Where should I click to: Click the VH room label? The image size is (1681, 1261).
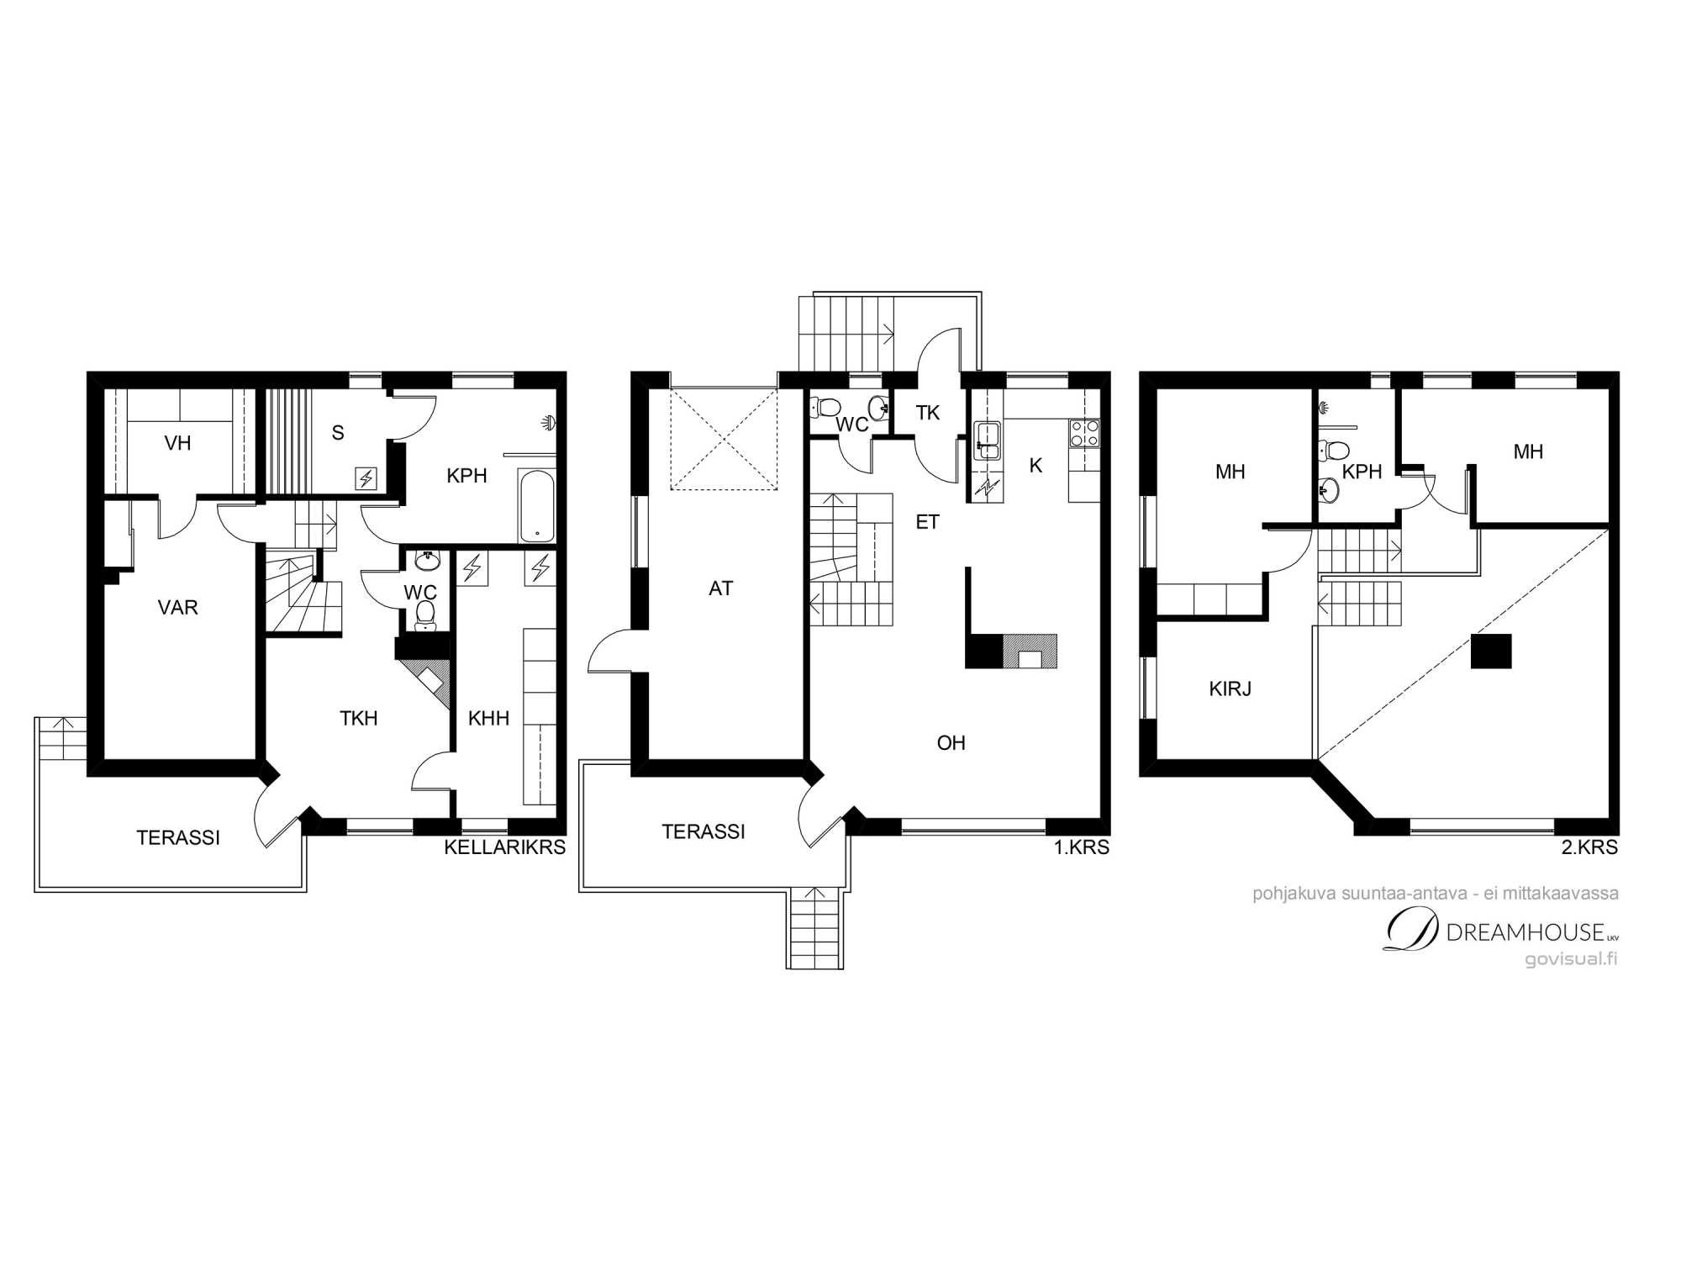[177, 443]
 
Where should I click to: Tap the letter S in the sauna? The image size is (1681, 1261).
[338, 433]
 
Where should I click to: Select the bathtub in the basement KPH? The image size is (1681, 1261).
[536, 505]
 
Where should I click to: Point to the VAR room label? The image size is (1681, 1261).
[177, 607]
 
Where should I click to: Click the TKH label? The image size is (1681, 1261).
[358, 718]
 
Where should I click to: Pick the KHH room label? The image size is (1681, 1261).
[488, 718]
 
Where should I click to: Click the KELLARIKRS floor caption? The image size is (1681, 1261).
[504, 847]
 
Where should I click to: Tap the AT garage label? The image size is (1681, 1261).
[720, 588]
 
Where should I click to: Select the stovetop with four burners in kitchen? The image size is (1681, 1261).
[1084, 433]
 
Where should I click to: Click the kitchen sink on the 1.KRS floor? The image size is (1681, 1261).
[988, 441]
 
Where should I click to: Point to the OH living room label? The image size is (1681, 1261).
[951, 743]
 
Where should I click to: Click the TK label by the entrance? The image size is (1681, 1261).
[928, 413]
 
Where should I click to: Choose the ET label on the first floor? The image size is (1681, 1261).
[927, 522]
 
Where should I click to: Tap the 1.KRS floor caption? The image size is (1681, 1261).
[1082, 847]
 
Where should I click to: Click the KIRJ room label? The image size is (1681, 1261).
[1230, 689]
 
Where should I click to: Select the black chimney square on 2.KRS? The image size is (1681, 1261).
[1491, 651]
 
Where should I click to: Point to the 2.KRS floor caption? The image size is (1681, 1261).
[1589, 847]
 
